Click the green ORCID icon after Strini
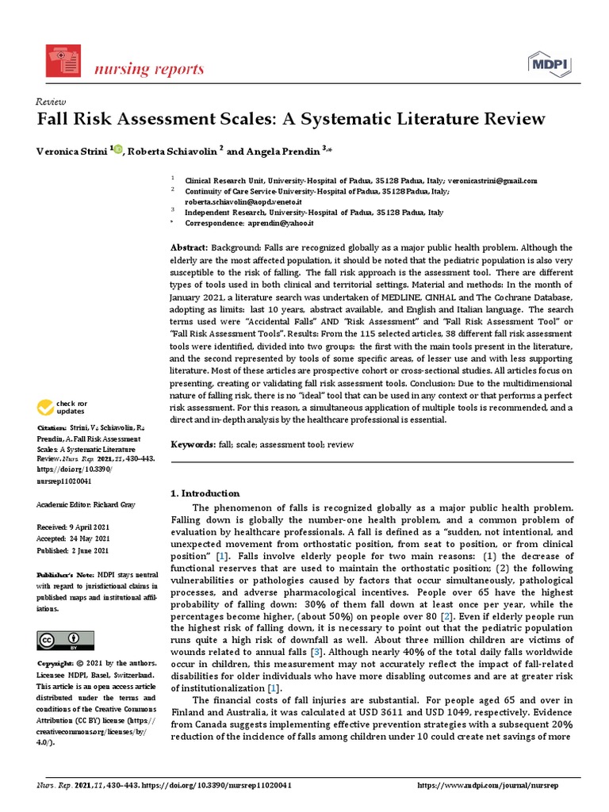point(117,149)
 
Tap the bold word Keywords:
point(193,445)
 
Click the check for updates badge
point(61,408)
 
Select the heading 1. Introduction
point(205,493)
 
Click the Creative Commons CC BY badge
point(65,640)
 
